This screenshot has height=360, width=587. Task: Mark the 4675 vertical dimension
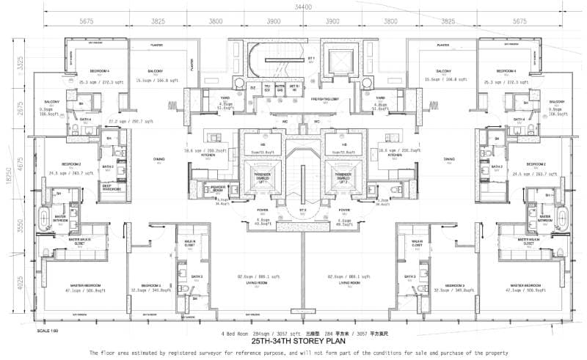click(21, 166)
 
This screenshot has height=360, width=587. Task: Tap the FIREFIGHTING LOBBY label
click(324, 98)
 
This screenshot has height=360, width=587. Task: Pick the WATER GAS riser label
click(280, 87)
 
